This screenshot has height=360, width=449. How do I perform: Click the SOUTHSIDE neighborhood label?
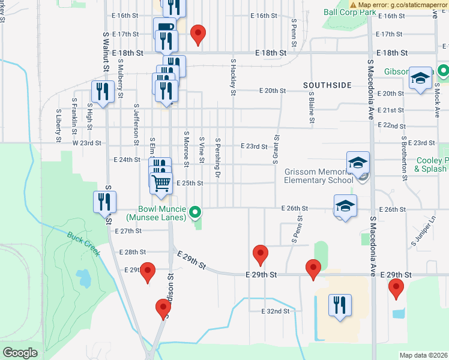coord(327,86)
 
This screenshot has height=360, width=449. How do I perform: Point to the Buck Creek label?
coord(83,243)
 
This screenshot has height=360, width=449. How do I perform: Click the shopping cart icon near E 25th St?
coord(161,183)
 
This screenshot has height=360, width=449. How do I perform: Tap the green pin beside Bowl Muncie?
coord(195,212)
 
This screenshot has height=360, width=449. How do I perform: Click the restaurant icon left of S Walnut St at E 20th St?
coord(103,91)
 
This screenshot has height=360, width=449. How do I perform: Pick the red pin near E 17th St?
coord(197,34)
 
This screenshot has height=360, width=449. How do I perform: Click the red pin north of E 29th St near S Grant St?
coord(260,254)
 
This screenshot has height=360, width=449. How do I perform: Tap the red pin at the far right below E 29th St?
coord(396,288)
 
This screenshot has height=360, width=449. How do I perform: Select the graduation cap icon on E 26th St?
coord(345,205)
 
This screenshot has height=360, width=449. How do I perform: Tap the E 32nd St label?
coord(276,311)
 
